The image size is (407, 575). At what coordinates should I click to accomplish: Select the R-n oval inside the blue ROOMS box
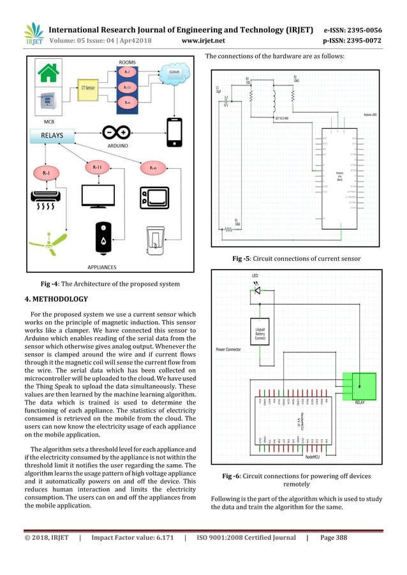click(127, 102)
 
